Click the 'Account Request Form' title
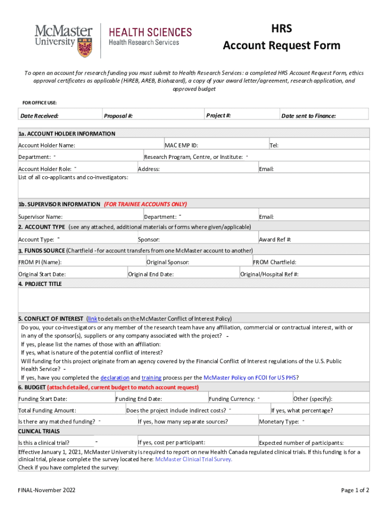pyautogui.click(x=282, y=46)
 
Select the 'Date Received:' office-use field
pyautogui.click(x=39, y=116)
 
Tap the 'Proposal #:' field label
pyautogui.click(x=118, y=116)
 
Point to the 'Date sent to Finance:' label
pyautogui.click(x=308, y=116)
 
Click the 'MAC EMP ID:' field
pyautogui.click(x=182, y=145)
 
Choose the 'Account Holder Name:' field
pyautogui.click(x=47, y=145)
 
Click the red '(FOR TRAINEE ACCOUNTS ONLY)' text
pyautogui.click(x=145, y=204)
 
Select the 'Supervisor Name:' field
pyautogui.click(x=40, y=217)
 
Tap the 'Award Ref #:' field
pyautogui.click(x=275, y=240)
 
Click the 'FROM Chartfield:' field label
pyautogui.click(x=275, y=262)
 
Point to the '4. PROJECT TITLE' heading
pyautogui.click(x=40, y=284)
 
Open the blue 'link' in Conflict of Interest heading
pyautogui.click(x=92, y=319)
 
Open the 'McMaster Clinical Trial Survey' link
pyautogui.click(x=193, y=459)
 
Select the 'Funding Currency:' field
pyautogui.click(x=232, y=399)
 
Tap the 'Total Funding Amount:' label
pyautogui.click(x=47, y=410)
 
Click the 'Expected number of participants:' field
pyautogui.click(x=301, y=443)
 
